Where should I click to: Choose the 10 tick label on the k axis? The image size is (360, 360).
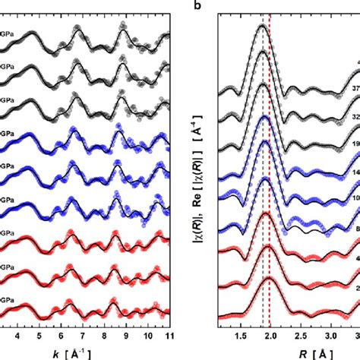(148, 333)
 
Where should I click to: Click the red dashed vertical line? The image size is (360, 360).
(270, 190)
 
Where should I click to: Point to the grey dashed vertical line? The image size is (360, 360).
(263, 190)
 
